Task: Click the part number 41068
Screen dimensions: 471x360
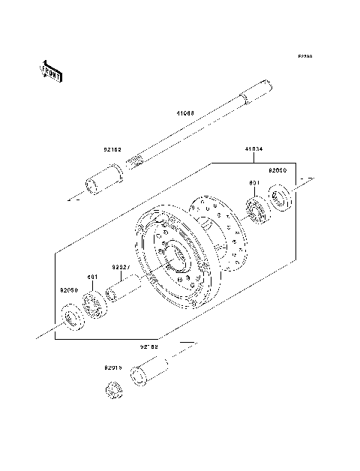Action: click(x=185, y=113)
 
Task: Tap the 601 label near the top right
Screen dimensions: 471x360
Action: click(x=253, y=182)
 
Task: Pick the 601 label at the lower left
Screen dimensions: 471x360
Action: click(x=92, y=277)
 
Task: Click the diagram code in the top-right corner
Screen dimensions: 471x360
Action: click(x=304, y=56)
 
